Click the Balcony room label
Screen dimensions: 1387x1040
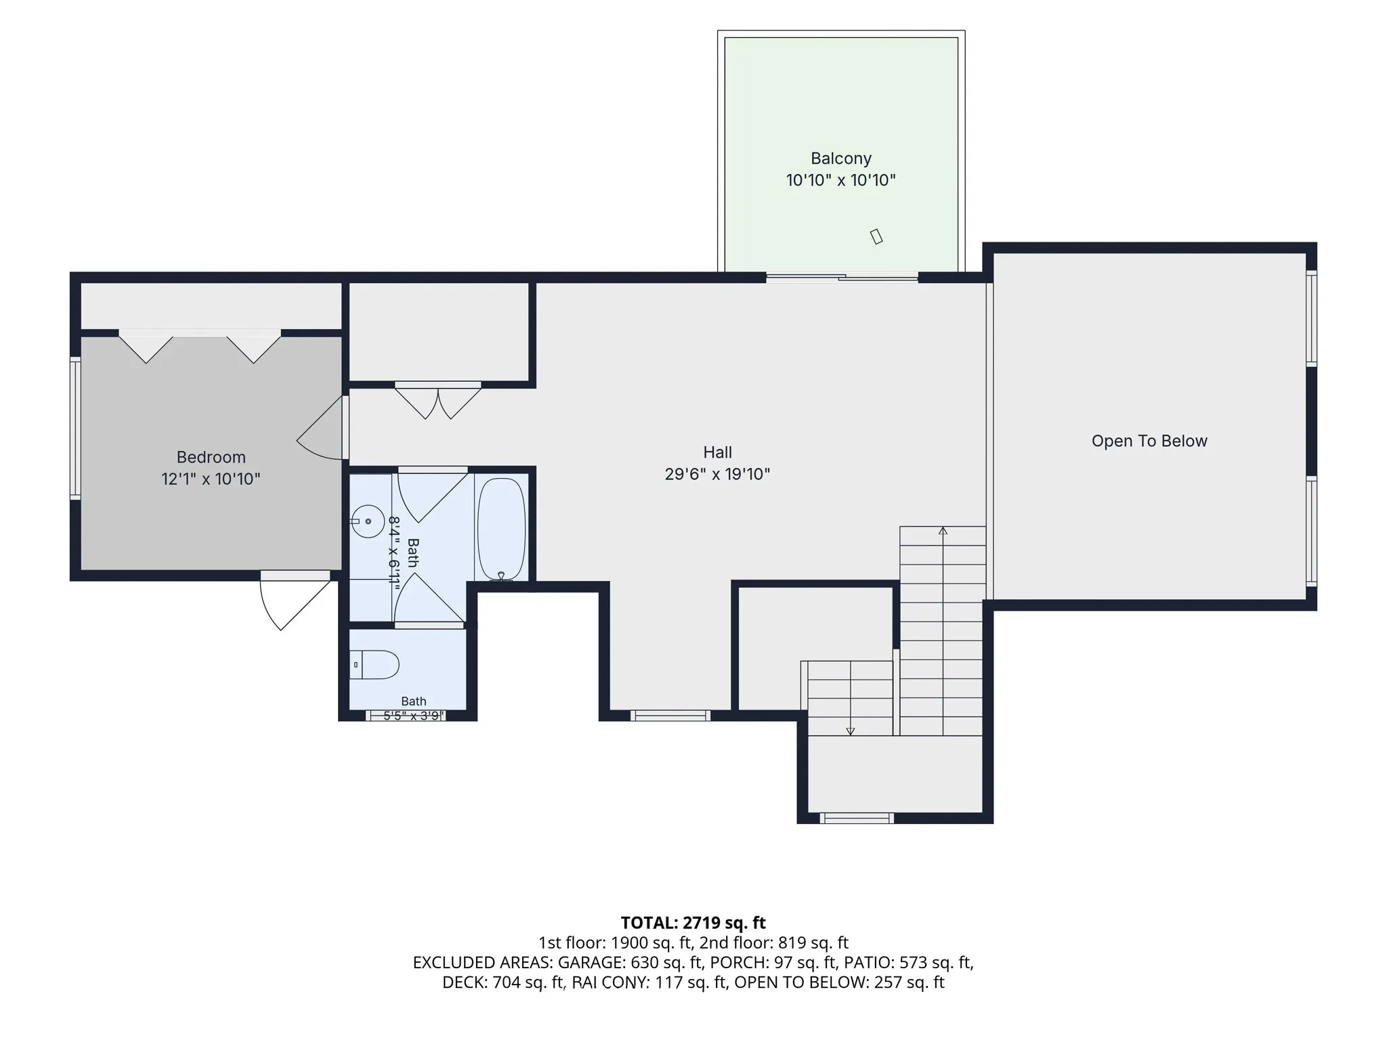pos(840,158)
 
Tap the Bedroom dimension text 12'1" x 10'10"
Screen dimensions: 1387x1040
pos(211,479)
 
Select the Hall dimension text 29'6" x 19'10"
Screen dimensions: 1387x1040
pos(717,474)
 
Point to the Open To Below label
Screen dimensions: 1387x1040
pos(1149,441)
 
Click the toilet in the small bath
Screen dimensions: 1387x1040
pos(375,665)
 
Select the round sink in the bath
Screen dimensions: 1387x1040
pos(368,521)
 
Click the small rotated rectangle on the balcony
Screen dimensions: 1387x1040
pos(876,236)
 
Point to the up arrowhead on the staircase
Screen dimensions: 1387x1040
pos(943,531)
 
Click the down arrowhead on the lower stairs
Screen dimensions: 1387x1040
pos(851,731)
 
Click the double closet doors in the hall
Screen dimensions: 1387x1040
pos(438,401)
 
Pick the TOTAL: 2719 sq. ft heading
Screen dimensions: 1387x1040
pos(693,923)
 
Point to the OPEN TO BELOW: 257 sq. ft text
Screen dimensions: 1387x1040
pos(839,982)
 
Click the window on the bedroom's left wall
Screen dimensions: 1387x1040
pos(75,429)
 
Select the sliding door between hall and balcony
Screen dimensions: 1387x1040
pos(842,277)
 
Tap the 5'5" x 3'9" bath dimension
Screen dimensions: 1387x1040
pos(413,716)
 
